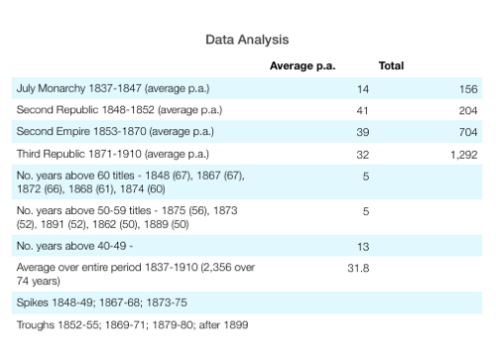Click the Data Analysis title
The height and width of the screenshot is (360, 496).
click(x=247, y=40)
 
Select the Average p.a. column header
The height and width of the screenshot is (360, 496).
click(x=303, y=66)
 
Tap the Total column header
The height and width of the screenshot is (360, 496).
click(x=391, y=65)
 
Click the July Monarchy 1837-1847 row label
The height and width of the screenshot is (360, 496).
click(x=113, y=88)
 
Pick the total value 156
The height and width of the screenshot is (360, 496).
click(x=468, y=89)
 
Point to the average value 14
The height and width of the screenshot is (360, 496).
click(x=363, y=89)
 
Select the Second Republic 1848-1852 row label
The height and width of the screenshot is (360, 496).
click(x=119, y=110)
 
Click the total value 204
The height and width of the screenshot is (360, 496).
click(x=468, y=111)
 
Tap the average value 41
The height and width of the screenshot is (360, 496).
click(x=362, y=111)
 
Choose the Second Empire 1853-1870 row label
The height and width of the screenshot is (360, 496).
click(x=115, y=132)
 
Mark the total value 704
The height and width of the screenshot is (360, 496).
click(x=468, y=132)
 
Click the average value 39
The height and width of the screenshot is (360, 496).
click(x=363, y=132)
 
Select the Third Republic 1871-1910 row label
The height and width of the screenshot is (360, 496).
click(x=113, y=154)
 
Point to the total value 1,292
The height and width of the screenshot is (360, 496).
click(x=464, y=155)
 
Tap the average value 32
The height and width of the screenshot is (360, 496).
click(x=363, y=155)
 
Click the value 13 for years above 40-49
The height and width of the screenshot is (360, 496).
click(x=363, y=247)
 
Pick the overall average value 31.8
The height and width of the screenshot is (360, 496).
click(x=358, y=268)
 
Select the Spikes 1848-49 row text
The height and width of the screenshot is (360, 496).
click(x=102, y=302)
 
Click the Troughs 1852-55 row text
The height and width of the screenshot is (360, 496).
click(x=132, y=325)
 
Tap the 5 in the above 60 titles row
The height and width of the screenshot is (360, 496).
click(x=366, y=177)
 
